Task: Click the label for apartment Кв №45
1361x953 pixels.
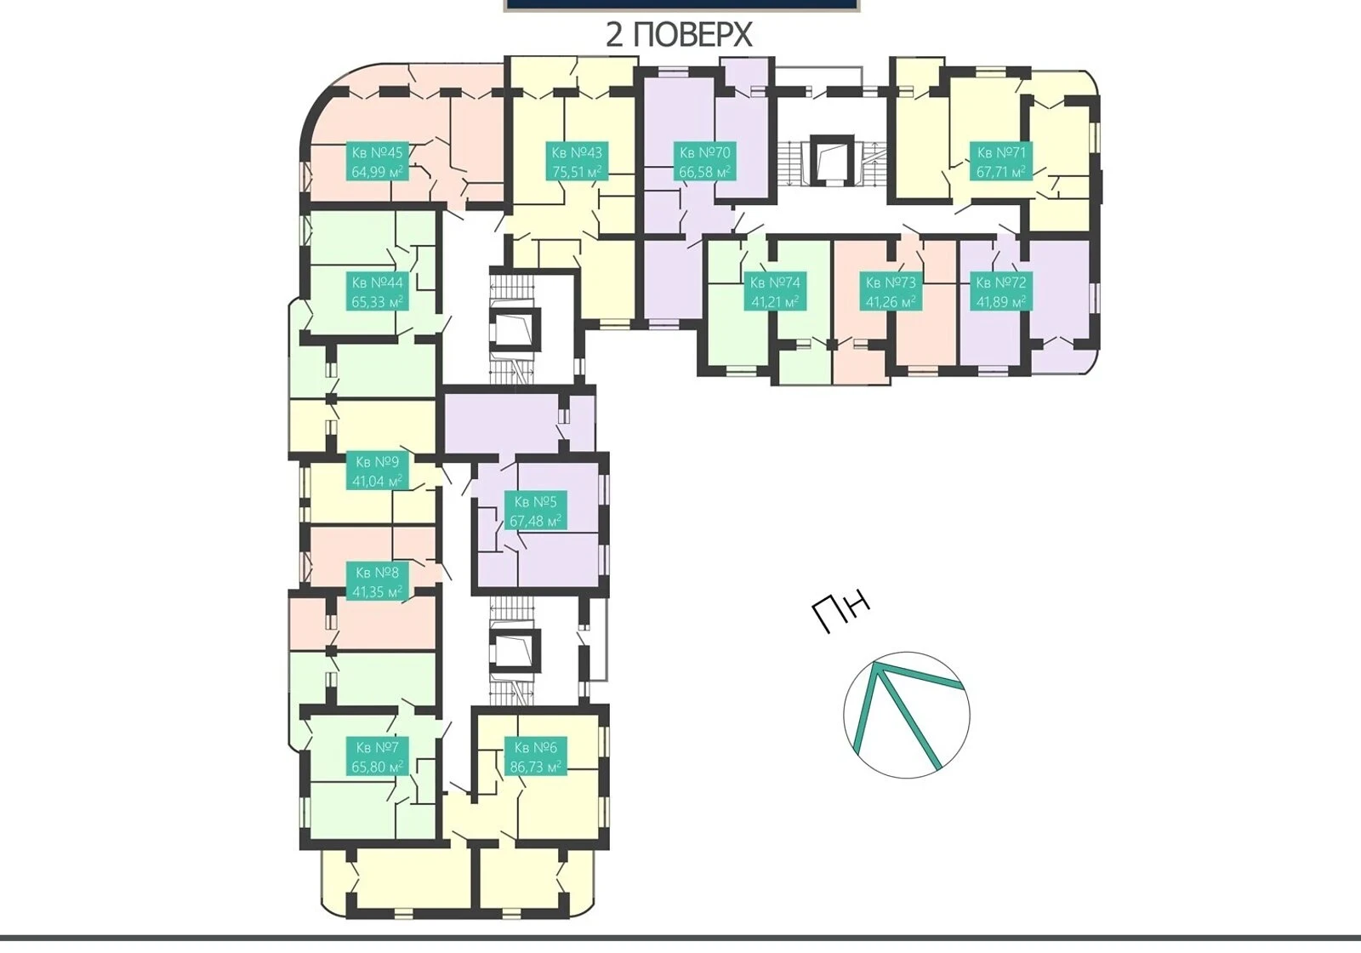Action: click(377, 162)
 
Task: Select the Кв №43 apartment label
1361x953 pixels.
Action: click(577, 162)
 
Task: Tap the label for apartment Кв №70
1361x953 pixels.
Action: click(705, 162)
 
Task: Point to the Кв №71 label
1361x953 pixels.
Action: click(1000, 162)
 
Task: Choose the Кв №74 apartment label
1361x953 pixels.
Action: click(775, 292)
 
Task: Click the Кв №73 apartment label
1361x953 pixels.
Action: click(890, 292)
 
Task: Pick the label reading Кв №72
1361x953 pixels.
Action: click(1000, 292)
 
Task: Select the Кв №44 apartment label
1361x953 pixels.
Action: click(377, 292)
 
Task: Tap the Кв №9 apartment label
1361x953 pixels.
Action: click(377, 471)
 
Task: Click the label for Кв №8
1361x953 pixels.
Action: click(377, 582)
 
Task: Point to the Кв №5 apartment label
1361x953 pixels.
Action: click(535, 511)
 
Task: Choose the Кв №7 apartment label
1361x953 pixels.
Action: click(377, 756)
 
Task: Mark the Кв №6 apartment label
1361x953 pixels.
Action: click(535, 756)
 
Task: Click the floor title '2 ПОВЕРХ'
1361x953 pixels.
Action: click(680, 35)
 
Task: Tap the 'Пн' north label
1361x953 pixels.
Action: click(841, 613)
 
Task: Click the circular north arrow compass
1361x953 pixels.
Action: click(907, 716)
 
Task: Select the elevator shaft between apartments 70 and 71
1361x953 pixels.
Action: click(831, 159)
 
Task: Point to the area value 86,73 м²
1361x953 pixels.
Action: click(535, 767)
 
